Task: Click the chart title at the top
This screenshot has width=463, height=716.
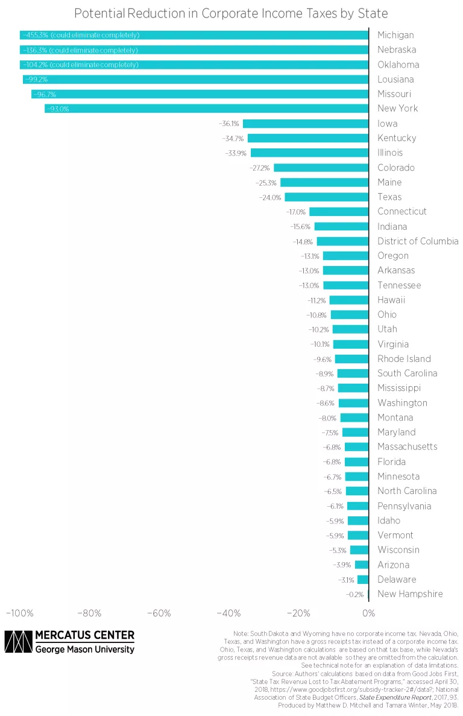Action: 231,13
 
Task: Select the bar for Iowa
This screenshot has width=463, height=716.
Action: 305,124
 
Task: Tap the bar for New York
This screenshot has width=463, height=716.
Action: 206,109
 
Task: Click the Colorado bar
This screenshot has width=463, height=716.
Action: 321,168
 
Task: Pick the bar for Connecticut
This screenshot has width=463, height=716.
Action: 338,212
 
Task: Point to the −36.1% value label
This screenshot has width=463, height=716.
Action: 230,124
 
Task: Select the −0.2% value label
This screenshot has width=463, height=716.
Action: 355,594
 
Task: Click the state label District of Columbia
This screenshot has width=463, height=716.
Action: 418,241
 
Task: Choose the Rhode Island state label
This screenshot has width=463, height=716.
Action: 404,359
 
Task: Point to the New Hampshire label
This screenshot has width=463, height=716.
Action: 410,594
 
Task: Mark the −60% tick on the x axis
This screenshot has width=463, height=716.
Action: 159,613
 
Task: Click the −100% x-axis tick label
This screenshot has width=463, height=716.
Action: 19,613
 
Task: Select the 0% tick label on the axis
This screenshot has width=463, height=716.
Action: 368,613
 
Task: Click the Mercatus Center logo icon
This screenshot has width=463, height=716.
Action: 17,642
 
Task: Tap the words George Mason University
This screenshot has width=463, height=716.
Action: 84,650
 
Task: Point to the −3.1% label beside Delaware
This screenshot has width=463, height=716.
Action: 347,580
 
